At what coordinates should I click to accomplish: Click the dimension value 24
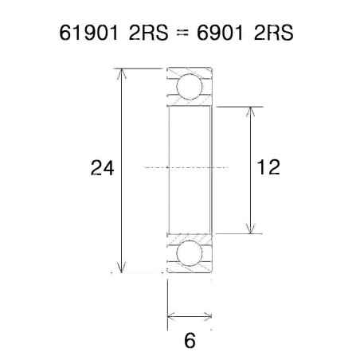pyautogui.click(x=103, y=168)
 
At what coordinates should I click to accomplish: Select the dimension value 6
pyautogui.click(x=190, y=340)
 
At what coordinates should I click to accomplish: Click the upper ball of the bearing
pyautogui.click(x=190, y=87)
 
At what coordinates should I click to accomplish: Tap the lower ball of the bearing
pyautogui.click(x=190, y=252)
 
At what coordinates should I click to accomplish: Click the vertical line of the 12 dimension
pyautogui.click(x=251, y=199)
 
